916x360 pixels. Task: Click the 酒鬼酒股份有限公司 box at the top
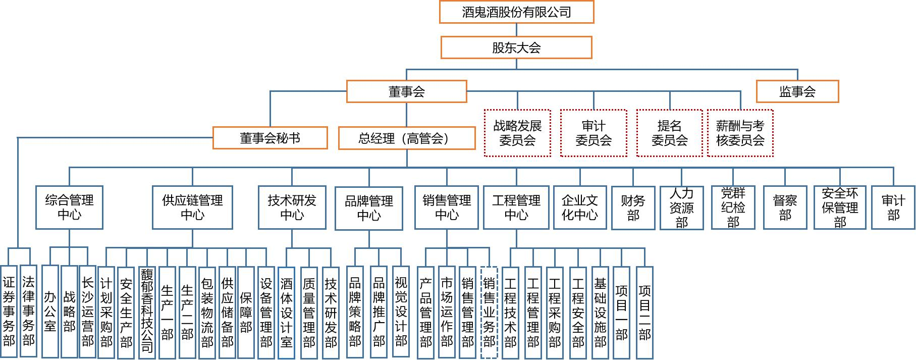[x=516, y=12]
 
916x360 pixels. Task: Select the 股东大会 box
[x=516, y=47]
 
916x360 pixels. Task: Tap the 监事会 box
[x=797, y=91]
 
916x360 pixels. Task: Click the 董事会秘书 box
[x=270, y=138]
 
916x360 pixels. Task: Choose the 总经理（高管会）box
[x=407, y=138]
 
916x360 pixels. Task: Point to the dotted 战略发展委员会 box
[x=517, y=133]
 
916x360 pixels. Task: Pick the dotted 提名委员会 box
[x=670, y=133]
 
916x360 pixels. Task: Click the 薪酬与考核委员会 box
[x=740, y=133]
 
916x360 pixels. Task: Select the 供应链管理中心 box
[x=192, y=208]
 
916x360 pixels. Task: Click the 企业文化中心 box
[x=580, y=208]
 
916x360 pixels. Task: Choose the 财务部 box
[x=633, y=208]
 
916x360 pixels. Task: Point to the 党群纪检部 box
[x=733, y=208]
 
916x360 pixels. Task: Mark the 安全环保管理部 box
[x=840, y=208]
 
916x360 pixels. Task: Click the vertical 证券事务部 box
[x=9, y=312]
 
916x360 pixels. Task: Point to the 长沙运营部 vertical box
[x=88, y=312]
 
